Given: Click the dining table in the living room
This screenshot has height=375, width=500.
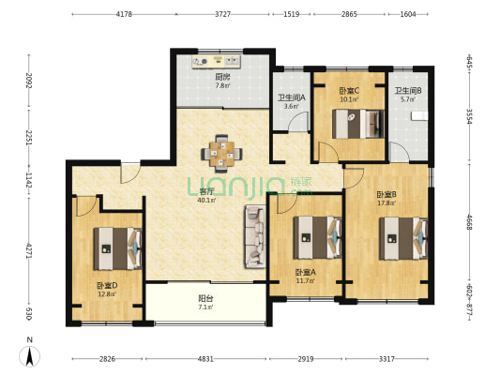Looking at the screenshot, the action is [221, 154].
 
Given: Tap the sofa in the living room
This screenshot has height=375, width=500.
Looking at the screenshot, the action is [255, 236].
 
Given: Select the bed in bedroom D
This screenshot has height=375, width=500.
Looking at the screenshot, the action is [117, 248].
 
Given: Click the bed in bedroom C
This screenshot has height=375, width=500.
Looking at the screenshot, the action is [357, 124].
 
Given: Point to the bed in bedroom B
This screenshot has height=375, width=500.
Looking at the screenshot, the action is [403, 238].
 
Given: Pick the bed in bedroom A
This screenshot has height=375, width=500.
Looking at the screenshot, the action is [317, 238].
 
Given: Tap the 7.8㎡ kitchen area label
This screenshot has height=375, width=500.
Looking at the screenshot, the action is [223, 85].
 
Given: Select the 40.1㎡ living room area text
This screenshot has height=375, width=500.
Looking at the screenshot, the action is [206, 200].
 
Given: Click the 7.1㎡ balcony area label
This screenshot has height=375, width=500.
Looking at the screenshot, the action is [205, 307].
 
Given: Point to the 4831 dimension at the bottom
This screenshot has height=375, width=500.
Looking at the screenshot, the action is [205, 359].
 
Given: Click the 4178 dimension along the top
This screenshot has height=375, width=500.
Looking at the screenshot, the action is [124, 14].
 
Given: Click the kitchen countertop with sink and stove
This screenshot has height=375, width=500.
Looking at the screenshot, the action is [216, 62].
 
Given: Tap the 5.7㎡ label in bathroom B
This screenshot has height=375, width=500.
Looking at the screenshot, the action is [408, 99].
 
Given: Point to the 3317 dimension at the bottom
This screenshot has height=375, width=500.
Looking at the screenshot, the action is [386, 359].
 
